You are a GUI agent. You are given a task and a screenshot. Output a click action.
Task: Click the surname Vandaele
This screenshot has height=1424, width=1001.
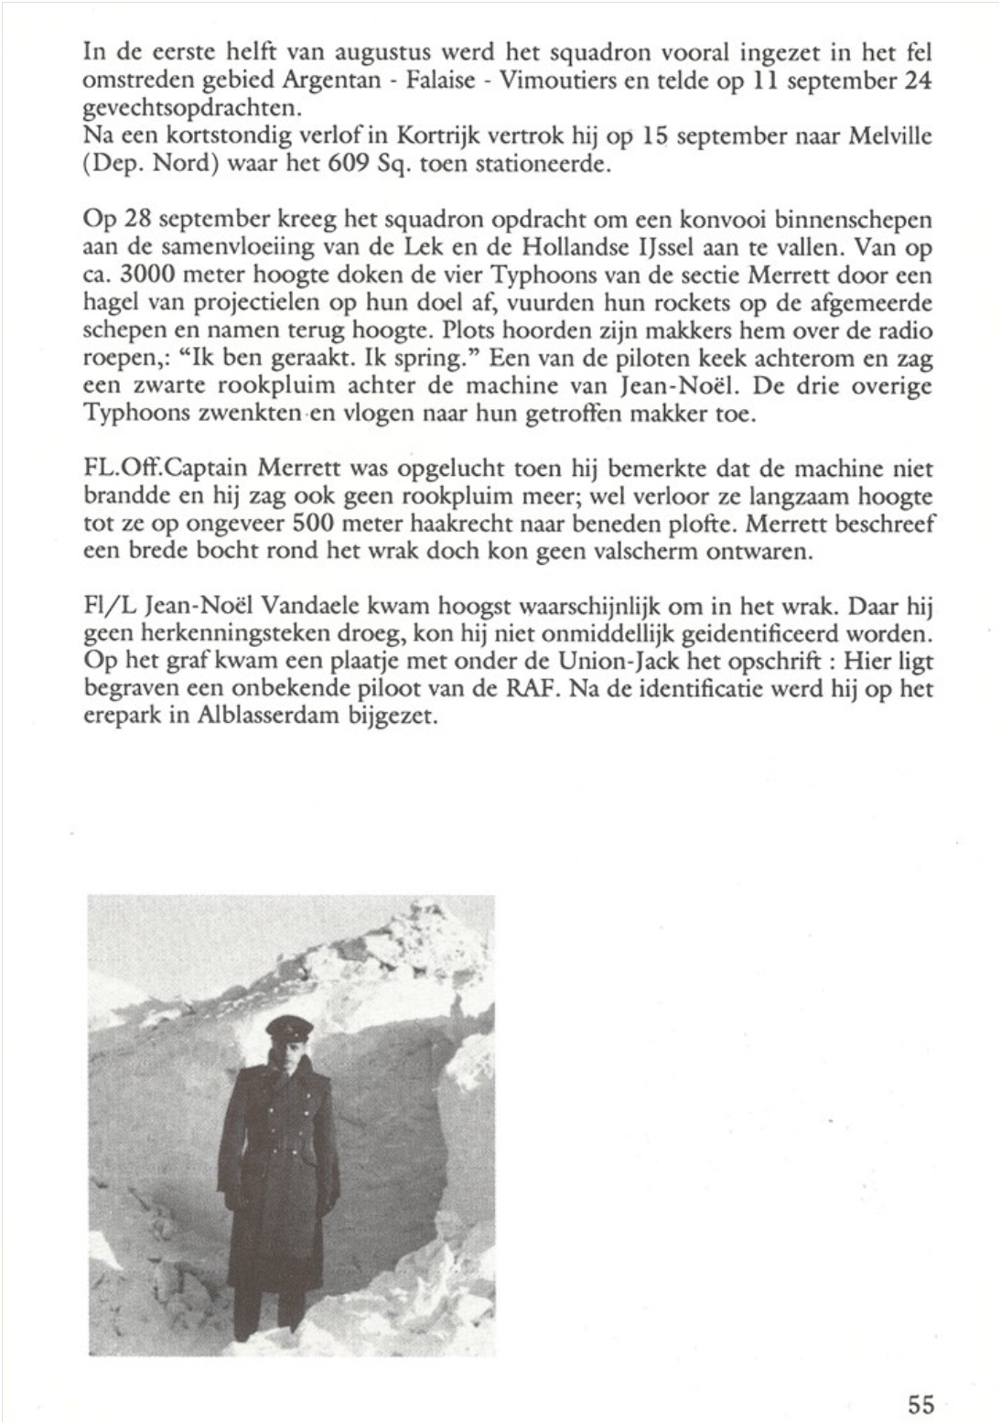tap(343, 607)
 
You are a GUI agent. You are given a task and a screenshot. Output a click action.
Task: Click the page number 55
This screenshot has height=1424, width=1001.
tap(920, 1402)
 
